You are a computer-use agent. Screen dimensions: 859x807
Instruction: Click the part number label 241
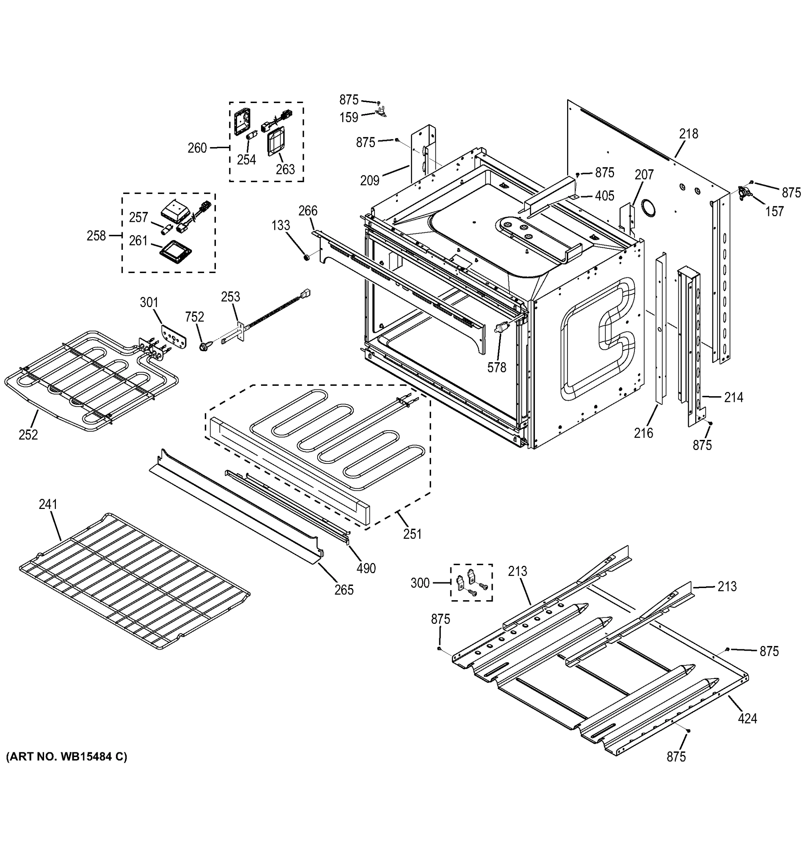[x=48, y=504]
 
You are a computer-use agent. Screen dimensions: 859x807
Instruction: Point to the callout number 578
[x=497, y=368]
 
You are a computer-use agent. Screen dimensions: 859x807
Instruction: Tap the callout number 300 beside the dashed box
[x=420, y=583]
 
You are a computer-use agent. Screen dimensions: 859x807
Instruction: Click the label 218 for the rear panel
[x=688, y=134]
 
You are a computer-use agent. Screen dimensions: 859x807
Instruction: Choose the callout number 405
[x=604, y=196]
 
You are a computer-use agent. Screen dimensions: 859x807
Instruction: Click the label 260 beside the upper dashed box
[x=197, y=148]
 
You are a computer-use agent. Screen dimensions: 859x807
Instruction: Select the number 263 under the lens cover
[x=285, y=169]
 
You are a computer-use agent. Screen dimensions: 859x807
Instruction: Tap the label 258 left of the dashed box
[x=96, y=236]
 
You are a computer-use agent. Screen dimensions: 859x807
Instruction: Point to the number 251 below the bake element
[x=412, y=534]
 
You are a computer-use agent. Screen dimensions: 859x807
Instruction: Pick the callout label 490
[x=366, y=569]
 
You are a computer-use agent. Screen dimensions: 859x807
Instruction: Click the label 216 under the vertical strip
[x=643, y=433]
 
